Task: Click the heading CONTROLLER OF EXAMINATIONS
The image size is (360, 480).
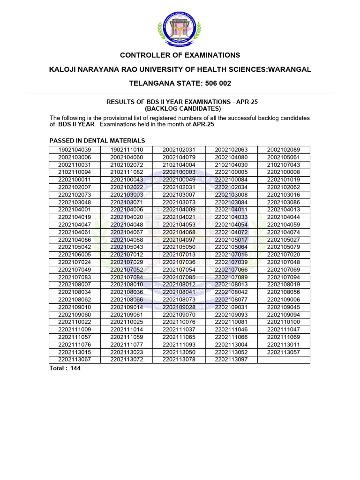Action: coord(180,55)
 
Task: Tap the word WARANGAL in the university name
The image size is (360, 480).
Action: coord(285,69)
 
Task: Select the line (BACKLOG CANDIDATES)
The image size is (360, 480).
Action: coord(180,108)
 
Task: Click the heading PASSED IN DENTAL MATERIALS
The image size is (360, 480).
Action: coord(97,141)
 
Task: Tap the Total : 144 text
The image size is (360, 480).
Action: coord(66,368)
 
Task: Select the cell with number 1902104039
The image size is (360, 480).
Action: coord(75,150)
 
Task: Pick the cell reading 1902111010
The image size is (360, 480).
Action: coord(127,150)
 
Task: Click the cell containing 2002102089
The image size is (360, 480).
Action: coord(284,150)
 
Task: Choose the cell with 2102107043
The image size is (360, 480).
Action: coord(284,165)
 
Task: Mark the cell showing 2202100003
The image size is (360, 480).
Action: coord(179,172)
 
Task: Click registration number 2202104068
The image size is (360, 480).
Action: coord(179,232)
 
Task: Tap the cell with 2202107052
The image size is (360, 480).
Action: coord(127,270)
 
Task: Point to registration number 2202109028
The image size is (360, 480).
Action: coord(179,307)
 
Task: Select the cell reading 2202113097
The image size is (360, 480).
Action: coord(231,359)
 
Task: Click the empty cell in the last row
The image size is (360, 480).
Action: coord(284,359)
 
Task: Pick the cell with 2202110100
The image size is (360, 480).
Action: coord(284,322)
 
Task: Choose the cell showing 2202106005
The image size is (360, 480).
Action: coord(75,255)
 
